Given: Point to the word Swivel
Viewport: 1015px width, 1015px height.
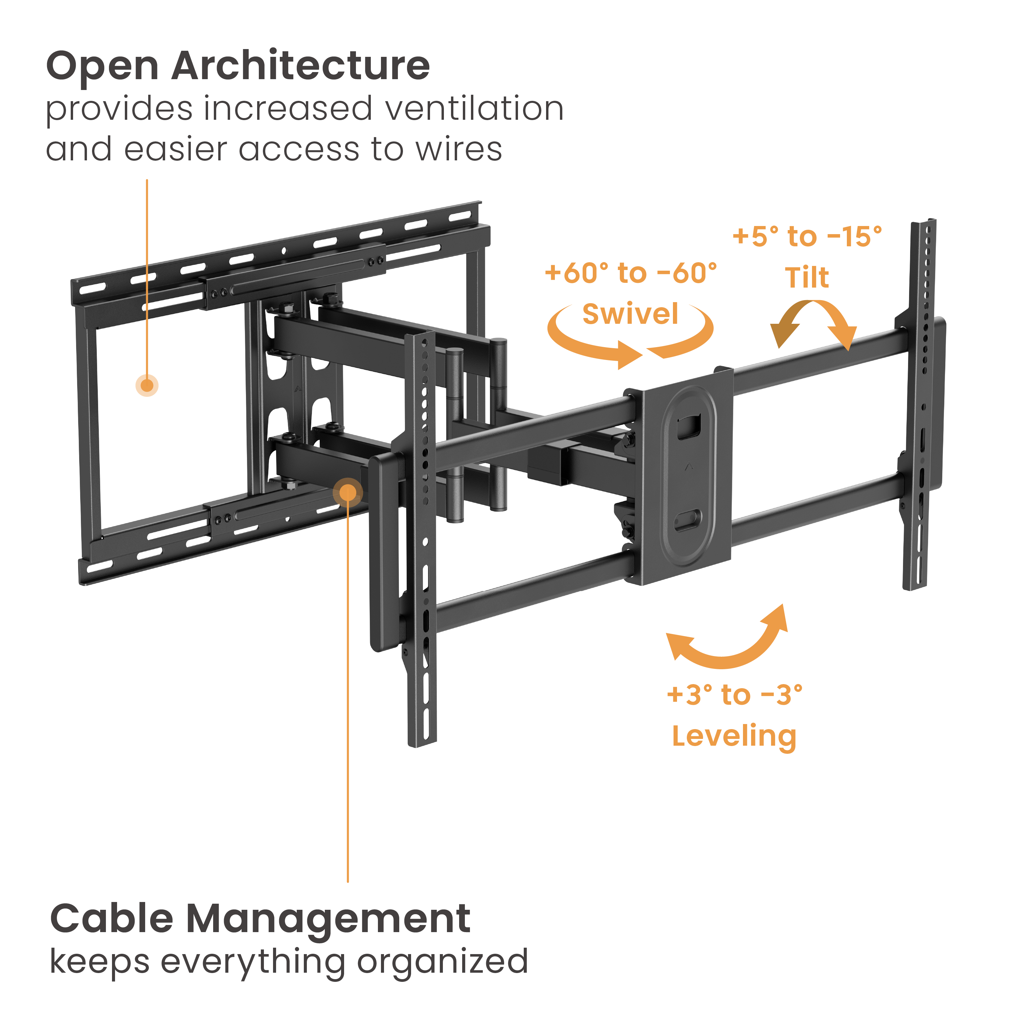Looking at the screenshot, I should coord(630,314).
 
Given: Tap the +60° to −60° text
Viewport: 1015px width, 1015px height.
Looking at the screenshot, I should coord(630,273).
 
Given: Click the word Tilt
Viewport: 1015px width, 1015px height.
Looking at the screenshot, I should coord(807,277).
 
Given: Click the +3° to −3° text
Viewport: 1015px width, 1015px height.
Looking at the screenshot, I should coord(734,695).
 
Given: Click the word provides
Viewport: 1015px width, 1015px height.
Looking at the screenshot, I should coord(119,110).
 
